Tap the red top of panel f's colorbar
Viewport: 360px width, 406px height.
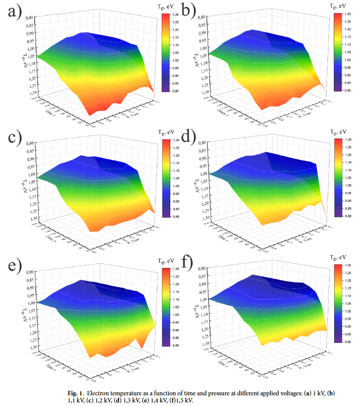click(x=337, y=267)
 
